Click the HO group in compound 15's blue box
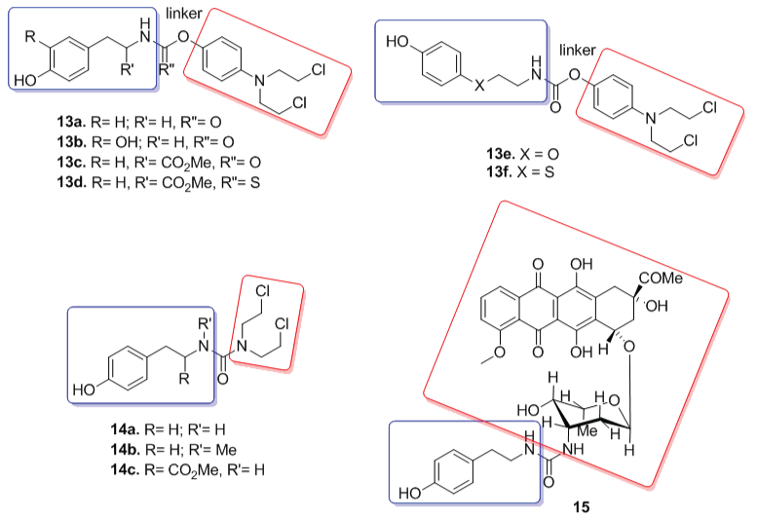411,492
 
